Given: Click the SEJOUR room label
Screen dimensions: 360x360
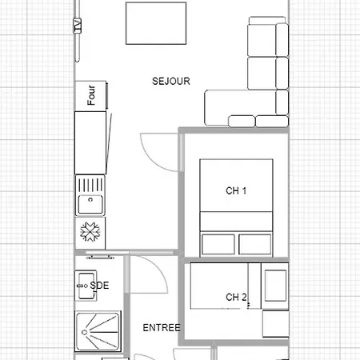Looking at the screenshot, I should (x=171, y=81).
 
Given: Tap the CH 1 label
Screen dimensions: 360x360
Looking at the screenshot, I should (x=237, y=190).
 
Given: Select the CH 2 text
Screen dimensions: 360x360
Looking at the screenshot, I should (x=237, y=298).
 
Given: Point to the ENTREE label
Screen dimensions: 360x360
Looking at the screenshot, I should (x=161, y=328).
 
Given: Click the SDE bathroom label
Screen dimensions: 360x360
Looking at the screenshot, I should (x=100, y=285).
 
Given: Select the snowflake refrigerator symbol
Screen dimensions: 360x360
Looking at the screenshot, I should (x=90, y=232).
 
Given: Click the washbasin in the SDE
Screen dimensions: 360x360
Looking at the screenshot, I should (x=84, y=284).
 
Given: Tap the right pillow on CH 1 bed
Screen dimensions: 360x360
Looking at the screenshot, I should (x=256, y=243).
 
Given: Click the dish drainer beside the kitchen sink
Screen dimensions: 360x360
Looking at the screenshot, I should (x=90, y=184).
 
